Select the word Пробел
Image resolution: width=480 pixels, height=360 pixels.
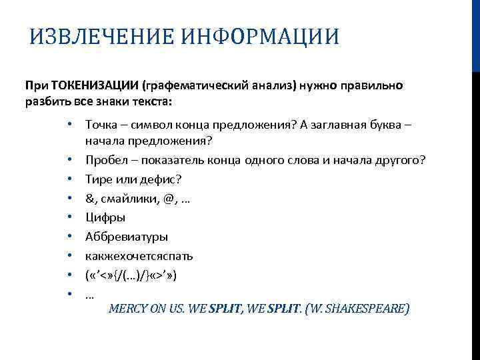pos(105,160)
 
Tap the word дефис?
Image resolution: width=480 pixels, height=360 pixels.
pos(163,179)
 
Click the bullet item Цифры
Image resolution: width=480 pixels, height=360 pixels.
pos(105,217)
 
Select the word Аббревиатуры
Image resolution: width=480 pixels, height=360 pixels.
pos(127,236)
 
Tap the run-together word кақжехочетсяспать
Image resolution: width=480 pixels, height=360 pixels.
pos(139,255)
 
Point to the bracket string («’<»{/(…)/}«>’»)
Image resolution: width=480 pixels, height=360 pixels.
pos(131,274)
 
